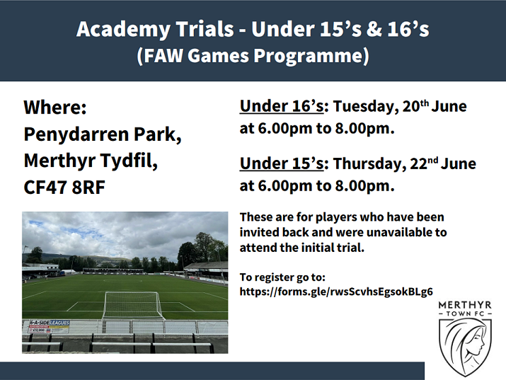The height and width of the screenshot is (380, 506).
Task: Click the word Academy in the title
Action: (x=123, y=29)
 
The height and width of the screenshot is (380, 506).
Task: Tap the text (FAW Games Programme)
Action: (x=253, y=55)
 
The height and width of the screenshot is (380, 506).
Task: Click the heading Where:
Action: (x=55, y=108)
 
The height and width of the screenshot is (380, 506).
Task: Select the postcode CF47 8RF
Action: (x=64, y=188)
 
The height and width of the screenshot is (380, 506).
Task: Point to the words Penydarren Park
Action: (x=103, y=134)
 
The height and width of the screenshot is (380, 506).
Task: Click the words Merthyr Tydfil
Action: (x=91, y=161)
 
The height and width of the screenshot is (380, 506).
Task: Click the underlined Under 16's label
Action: (x=282, y=106)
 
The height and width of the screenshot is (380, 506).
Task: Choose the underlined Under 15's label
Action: (x=282, y=163)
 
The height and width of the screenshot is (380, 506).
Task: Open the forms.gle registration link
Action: (x=336, y=292)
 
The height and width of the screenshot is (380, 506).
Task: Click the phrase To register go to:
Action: (x=282, y=277)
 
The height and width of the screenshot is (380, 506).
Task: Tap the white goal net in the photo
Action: (x=132, y=305)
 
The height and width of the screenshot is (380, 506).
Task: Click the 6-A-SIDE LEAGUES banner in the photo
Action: (x=49, y=326)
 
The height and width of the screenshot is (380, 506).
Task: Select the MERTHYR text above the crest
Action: (x=465, y=305)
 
